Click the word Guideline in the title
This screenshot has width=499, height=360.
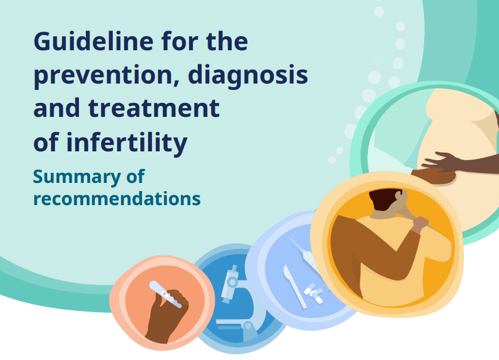[94, 41]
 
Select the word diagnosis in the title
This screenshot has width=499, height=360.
[248, 75]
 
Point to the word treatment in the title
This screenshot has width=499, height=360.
[154, 108]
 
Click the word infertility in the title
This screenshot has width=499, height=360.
[127, 142]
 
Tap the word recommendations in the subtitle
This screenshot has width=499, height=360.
[117, 199]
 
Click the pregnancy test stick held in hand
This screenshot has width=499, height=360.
[166, 294]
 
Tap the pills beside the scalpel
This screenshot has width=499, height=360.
[314, 293]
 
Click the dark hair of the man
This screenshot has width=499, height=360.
[384, 199]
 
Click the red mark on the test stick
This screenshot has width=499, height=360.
[164, 295]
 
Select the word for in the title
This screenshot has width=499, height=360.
[180, 41]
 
